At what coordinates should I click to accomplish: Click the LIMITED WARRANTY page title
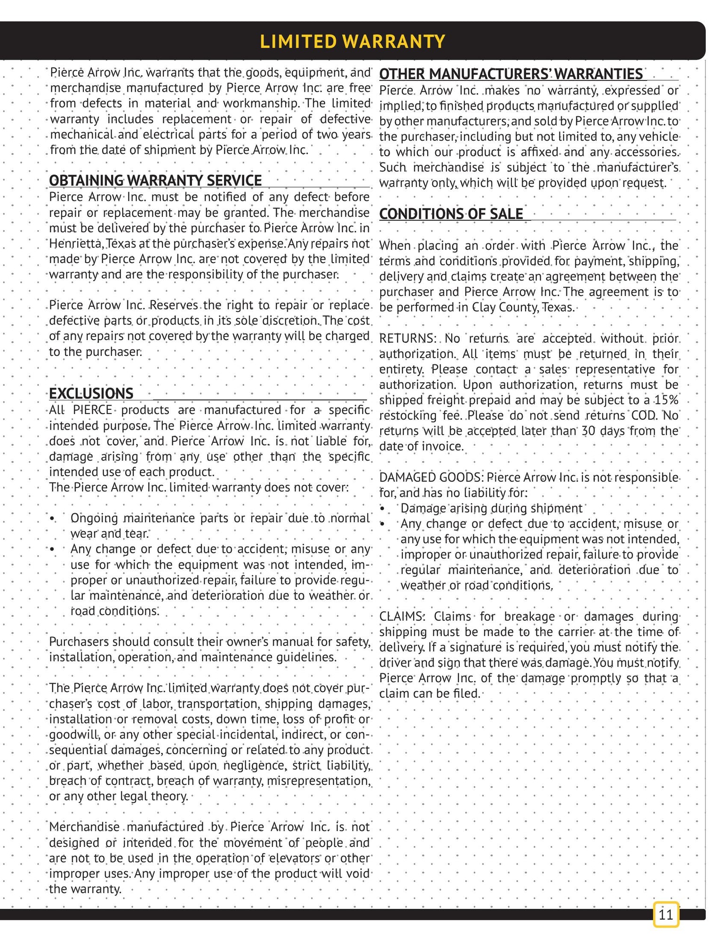(352, 41)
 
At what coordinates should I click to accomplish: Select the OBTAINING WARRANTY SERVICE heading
(155, 181)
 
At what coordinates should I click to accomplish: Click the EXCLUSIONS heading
(91, 393)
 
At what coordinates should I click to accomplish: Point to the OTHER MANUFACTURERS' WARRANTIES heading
(511, 74)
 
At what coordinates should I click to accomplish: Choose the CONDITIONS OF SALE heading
(451, 214)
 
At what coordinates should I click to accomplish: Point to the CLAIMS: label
(402, 616)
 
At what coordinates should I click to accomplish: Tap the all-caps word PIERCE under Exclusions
(92, 410)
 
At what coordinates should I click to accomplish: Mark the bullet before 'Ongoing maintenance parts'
(52, 518)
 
